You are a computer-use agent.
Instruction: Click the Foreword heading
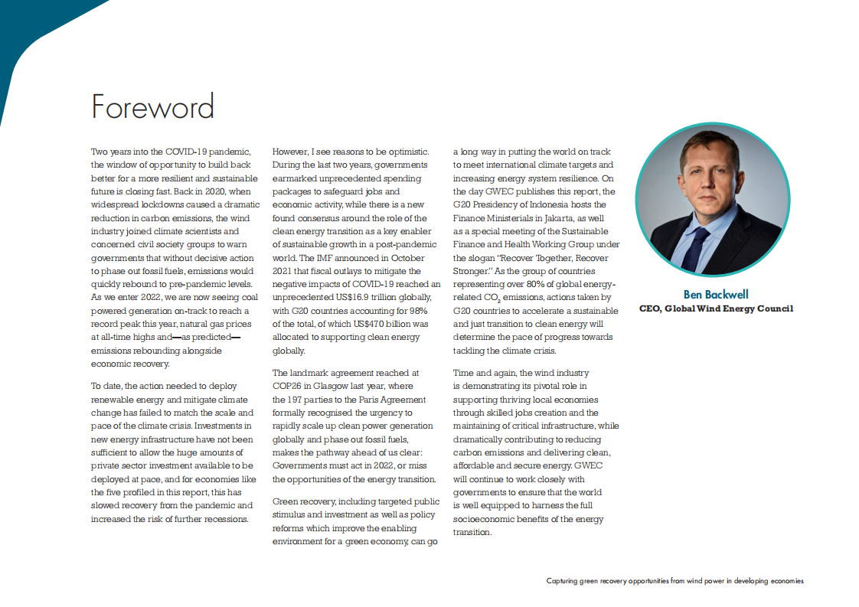point(152,106)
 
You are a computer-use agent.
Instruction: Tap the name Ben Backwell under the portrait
point(716,294)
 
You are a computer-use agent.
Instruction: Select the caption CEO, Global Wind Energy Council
point(716,308)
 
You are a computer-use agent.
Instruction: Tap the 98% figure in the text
point(417,311)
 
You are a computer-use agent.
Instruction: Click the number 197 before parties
point(297,400)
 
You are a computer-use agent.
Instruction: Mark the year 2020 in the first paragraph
point(227,191)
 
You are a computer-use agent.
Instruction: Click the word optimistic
point(413,152)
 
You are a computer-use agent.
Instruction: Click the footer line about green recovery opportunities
point(674,581)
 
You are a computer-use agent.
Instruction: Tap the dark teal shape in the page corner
point(31,31)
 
